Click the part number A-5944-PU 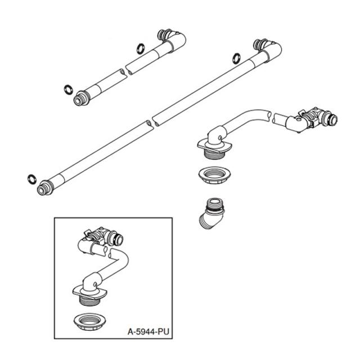pos(147,332)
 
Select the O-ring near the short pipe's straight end pos(68,88)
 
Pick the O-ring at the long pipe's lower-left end pos(31,179)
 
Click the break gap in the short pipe pos(124,71)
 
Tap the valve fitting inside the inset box pos(103,235)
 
